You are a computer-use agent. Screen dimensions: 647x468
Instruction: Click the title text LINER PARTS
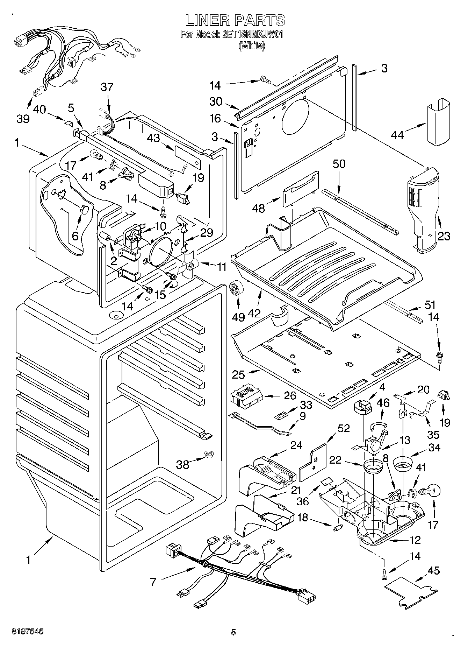[x=235, y=21]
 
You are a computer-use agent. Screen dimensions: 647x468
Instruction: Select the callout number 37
[x=107, y=87]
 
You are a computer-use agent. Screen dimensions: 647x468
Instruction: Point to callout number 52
[x=343, y=428]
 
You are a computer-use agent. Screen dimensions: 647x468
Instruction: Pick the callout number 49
[x=239, y=317]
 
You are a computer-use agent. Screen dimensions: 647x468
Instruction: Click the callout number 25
[x=239, y=375]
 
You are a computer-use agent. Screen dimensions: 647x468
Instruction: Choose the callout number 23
[x=444, y=236]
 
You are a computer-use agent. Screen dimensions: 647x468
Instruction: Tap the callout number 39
[x=23, y=119]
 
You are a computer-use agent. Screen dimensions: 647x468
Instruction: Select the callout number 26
[x=290, y=396]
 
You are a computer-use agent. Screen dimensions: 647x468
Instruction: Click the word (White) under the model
[x=252, y=46]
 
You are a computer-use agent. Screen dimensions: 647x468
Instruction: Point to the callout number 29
[x=207, y=232]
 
